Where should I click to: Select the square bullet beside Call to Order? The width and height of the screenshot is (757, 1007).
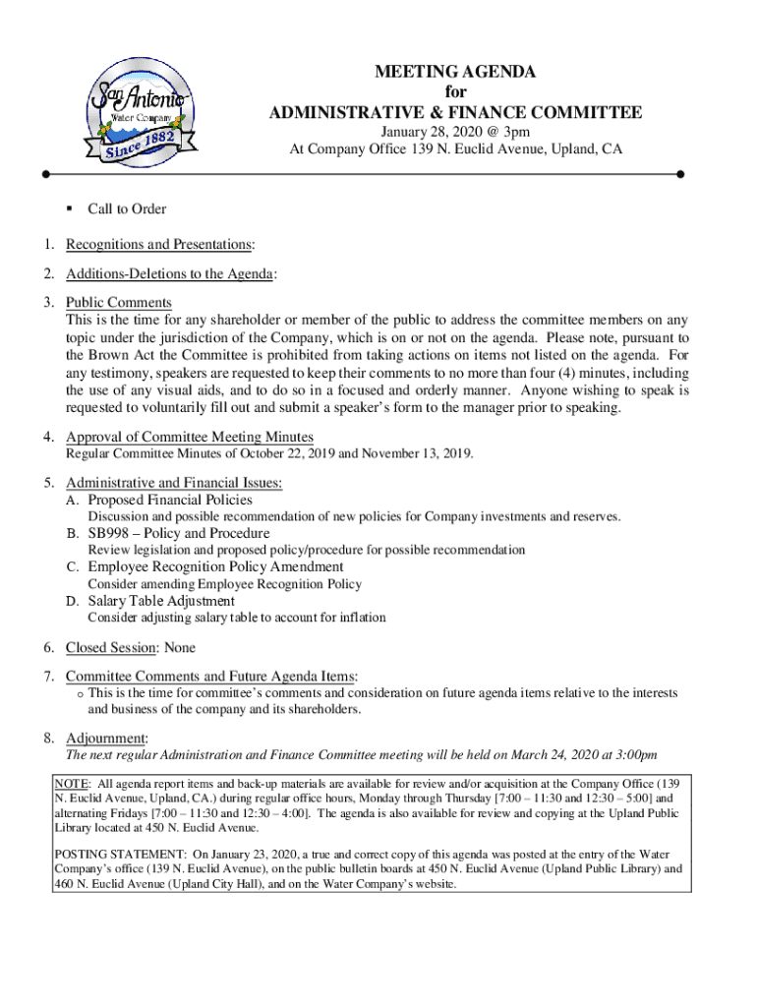pos(71,208)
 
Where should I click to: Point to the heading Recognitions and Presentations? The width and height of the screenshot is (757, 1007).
pos(159,244)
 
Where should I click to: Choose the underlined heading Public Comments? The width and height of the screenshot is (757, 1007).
pos(119,303)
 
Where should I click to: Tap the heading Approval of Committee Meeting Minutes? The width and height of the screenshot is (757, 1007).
pos(190,438)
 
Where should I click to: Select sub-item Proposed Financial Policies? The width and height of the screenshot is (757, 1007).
pos(170,500)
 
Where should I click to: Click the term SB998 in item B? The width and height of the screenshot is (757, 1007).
pos(110,533)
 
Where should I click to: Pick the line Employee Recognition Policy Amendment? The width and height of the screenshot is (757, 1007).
pos(215,567)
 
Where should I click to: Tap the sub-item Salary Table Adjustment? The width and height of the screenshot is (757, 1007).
pos(161,601)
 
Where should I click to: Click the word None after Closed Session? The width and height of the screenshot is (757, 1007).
pos(180,647)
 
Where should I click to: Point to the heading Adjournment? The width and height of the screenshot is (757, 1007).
pos(106,739)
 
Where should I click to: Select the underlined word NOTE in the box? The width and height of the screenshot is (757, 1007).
pos(73,783)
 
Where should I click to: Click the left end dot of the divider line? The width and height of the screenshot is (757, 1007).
pos(46,174)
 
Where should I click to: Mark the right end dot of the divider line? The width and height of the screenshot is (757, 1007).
pos(680,174)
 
